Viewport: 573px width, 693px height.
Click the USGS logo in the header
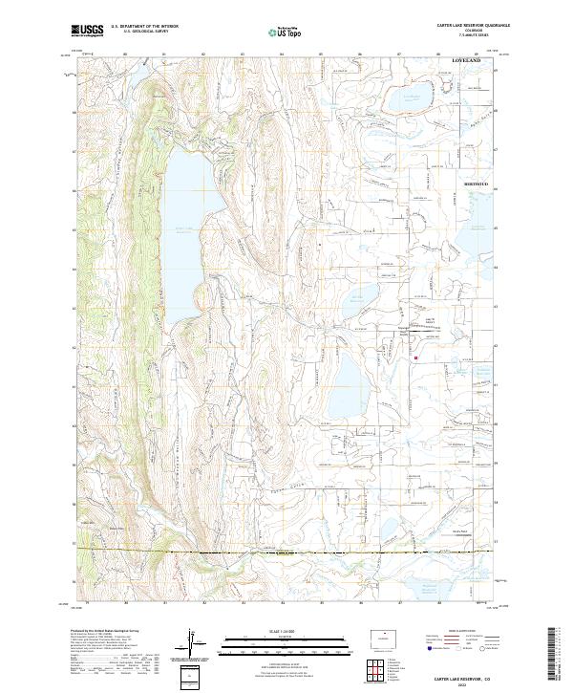coord(85,32)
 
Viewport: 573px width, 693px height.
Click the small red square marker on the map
coord(415,358)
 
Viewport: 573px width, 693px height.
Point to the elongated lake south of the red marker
coord(349,382)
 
